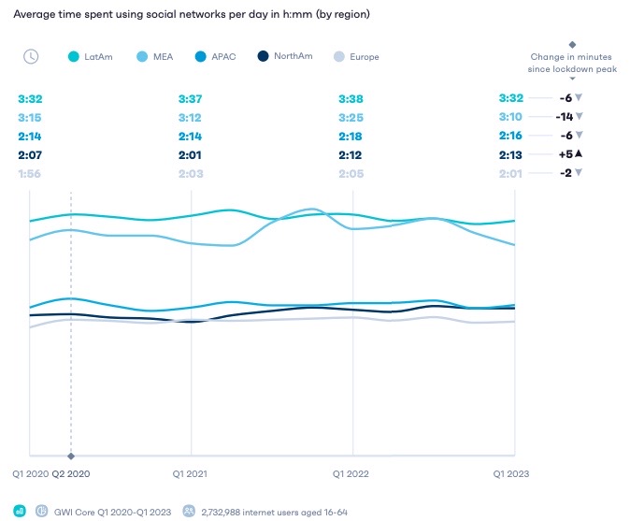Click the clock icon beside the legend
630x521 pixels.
click(31, 56)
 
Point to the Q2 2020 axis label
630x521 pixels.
click(71, 473)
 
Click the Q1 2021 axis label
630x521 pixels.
click(191, 473)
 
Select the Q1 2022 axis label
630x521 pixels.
click(352, 473)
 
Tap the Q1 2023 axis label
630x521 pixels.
click(511, 473)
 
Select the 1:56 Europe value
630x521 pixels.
click(30, 173)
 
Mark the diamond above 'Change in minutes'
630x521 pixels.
click(572, 43)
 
